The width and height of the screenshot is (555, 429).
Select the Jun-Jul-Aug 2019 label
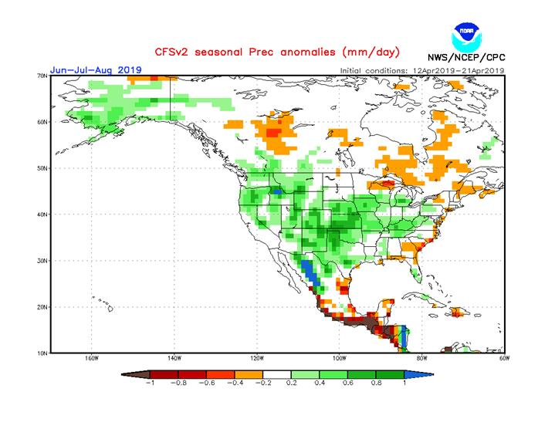point(96,69)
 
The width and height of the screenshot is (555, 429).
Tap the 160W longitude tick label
point(90,360)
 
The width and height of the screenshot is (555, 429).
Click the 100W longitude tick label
point(339,360)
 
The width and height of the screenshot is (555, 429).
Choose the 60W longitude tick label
point(505,360)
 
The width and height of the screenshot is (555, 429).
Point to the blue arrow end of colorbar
point(422,373)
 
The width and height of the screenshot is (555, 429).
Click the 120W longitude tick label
point(256,360)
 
